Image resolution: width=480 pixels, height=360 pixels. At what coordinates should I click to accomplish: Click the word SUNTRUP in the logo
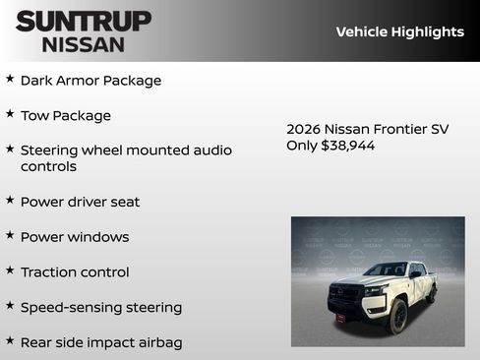pos(84,21)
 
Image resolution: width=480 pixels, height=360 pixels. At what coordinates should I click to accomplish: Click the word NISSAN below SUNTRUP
pos(84,43)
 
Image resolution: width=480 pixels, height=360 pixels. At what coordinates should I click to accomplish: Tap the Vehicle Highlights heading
pos(399,31)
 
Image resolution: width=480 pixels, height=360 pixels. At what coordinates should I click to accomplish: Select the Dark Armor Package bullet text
pos(90,81)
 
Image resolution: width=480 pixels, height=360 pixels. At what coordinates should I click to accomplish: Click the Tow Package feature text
pos(65,115)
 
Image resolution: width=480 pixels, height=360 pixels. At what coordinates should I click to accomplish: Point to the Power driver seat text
pos(80,202)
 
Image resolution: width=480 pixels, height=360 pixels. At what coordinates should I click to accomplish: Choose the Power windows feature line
pos(75,237)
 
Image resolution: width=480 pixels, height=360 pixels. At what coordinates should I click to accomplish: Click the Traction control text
pos(75,271)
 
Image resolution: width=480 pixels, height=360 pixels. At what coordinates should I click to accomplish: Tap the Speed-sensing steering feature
pos(100,307)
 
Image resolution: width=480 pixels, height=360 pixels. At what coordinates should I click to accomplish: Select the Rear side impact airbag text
pos(100,342)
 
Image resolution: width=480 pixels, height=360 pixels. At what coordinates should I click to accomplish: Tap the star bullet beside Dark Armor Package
pos(10,79)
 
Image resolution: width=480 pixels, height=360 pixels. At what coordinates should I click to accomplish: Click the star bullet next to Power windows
pos(10,235)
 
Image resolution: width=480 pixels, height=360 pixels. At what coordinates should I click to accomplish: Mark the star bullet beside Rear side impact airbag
pos(10,340)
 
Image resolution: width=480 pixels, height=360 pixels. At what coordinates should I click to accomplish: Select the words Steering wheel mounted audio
pos(126,150)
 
